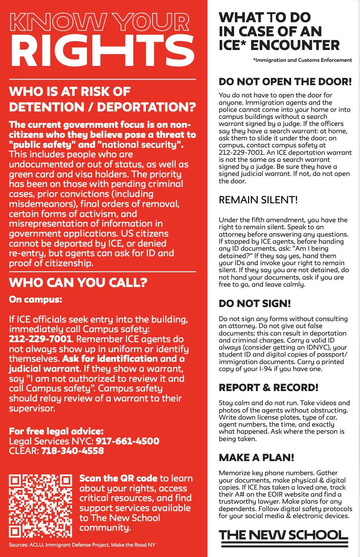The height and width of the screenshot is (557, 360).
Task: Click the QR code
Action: pos(40,506)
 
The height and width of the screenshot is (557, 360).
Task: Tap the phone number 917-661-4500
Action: pos(127,441)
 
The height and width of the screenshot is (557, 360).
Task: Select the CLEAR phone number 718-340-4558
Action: pos(72,451)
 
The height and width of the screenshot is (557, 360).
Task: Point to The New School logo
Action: pos(284,536)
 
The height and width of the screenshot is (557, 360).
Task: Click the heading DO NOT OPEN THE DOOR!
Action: pos(285,81)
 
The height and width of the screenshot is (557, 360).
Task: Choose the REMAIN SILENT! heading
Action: pos(258,200)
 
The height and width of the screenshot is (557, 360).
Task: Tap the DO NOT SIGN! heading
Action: pos(255,303)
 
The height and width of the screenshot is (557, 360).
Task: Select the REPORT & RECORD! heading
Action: pos(269,387)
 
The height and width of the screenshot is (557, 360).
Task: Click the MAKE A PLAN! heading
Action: pos(256,457)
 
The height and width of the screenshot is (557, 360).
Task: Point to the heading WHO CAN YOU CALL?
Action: pos(78,283)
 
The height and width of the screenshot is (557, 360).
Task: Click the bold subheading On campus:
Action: pos(36,299)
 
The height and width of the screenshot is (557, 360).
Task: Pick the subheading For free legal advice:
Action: pos(56,431)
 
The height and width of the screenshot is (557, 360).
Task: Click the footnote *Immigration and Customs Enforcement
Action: pos(303,60)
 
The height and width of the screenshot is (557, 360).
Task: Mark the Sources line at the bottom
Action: pos(82,545)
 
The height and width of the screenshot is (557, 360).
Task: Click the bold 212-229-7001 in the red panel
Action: pos(40,339)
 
